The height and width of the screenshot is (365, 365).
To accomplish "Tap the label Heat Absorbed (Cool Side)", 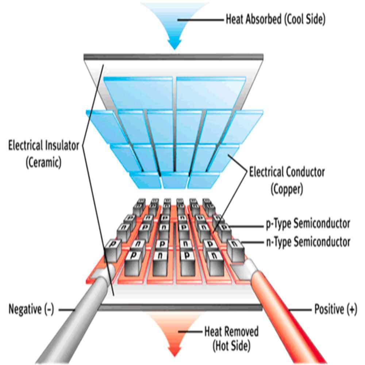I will point(275,19).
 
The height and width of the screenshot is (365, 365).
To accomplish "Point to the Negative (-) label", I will point(31,310).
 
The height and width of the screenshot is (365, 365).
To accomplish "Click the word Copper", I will point(287,190).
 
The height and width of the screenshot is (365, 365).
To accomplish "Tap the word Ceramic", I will point(43,162).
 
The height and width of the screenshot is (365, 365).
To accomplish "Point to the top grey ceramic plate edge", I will point(173,57).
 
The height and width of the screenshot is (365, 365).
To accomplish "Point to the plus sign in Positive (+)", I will point(351,310).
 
